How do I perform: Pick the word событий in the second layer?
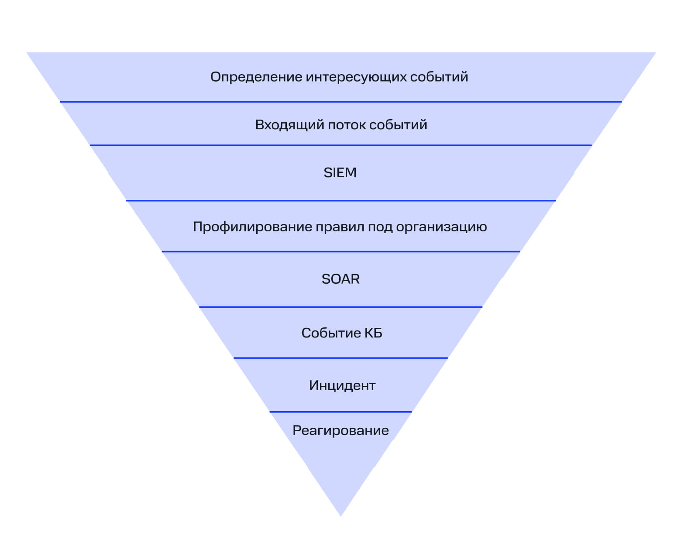pyautogui.click(x=398, y=125)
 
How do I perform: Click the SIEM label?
pyautogui.click(x=340, y=173)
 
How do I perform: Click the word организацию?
pyautogui.click(x=441, y=227)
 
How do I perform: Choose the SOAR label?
pyautogui.click(x=340, y=279)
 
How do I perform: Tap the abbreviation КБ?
pyautogui.click(x=373, y=333)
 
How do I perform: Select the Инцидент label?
pyautogui.click(x=342, y=385)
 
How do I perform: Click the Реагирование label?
pyautogui.click(x=340, y=431)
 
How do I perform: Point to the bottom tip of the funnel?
pyautogui.click(x=340, y=514)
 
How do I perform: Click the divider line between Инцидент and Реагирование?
pyautogui.click(x=340, y=412)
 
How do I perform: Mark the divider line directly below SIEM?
pyautogui.click(x=340, y=201)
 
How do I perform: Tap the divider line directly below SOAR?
pyautogui.click(x=340, y=307)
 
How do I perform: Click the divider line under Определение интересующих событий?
pyautogui.click(x=340, y=102)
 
